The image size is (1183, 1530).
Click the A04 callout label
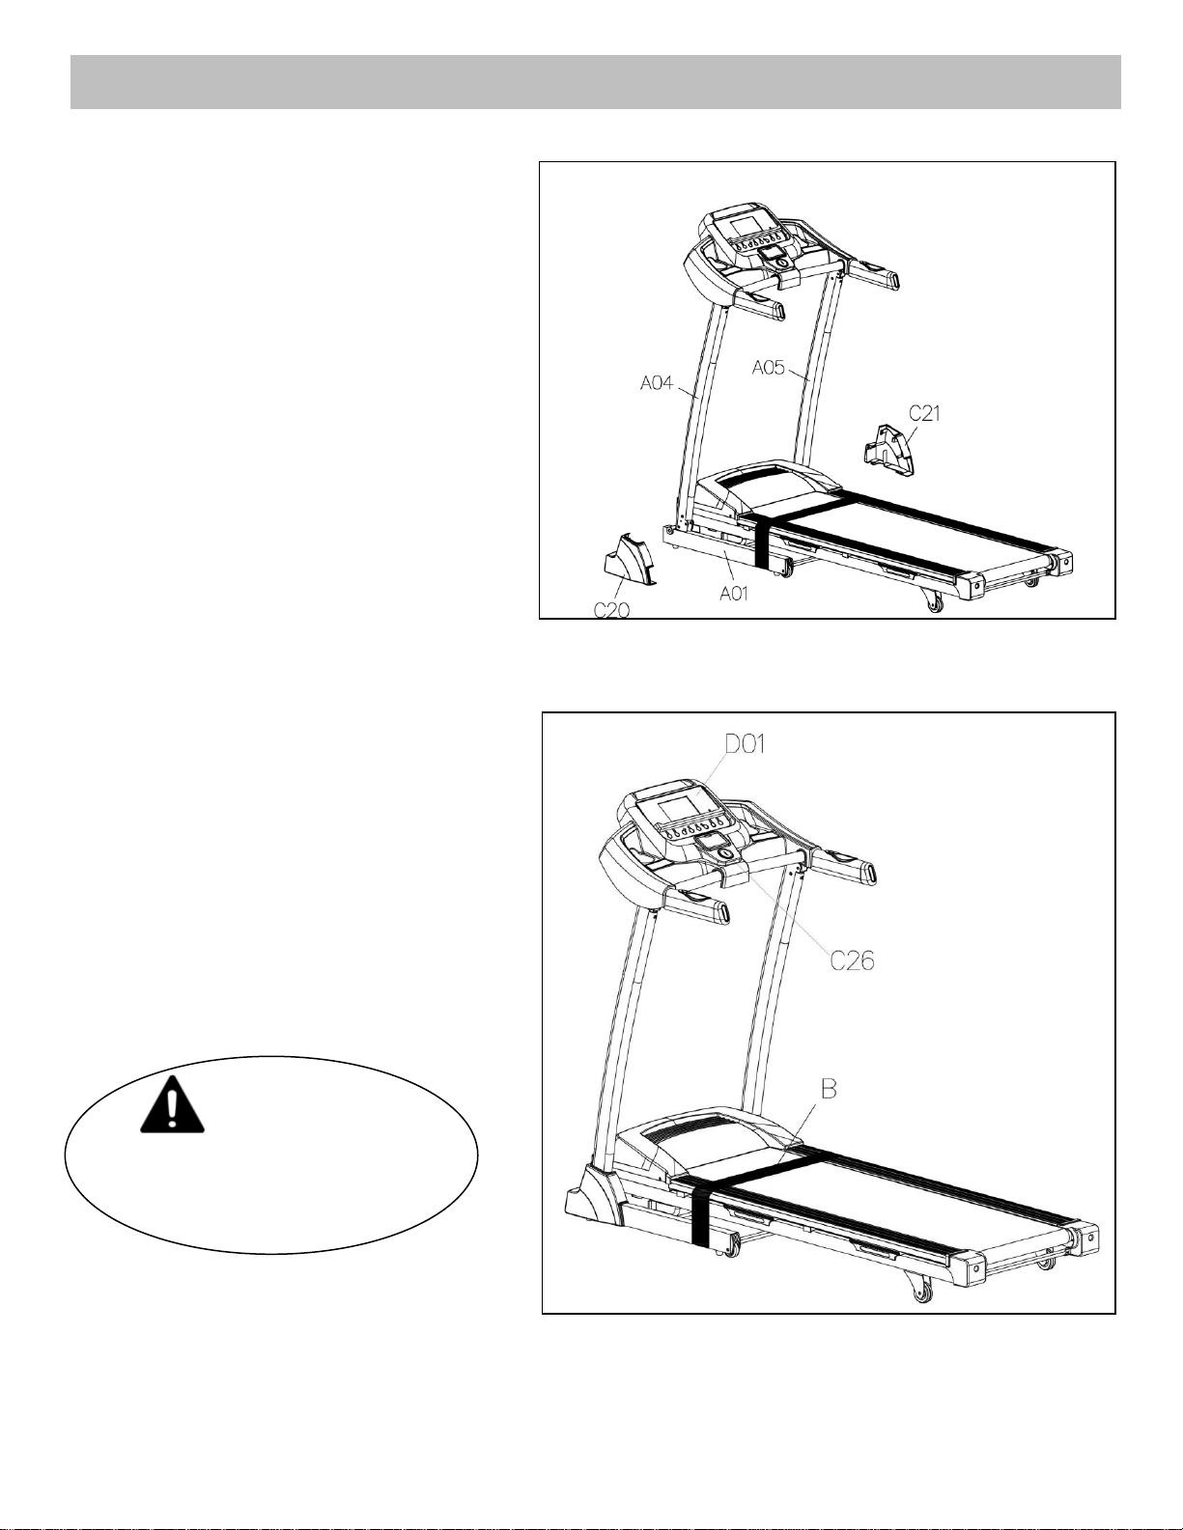[657, 384]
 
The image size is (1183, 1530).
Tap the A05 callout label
[769, 368]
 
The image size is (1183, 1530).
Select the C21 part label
[924, 413]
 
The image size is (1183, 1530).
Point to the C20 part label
[611, 610]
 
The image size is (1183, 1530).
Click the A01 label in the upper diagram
[733, 595]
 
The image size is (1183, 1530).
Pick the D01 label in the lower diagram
[745, 743]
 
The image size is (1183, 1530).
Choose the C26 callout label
[852, 960]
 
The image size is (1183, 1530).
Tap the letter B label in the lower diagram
[829, 1089]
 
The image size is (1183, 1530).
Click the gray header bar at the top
[595, 82]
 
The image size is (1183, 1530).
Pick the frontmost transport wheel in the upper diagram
[935, 605]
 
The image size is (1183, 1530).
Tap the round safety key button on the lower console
[726, 854]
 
